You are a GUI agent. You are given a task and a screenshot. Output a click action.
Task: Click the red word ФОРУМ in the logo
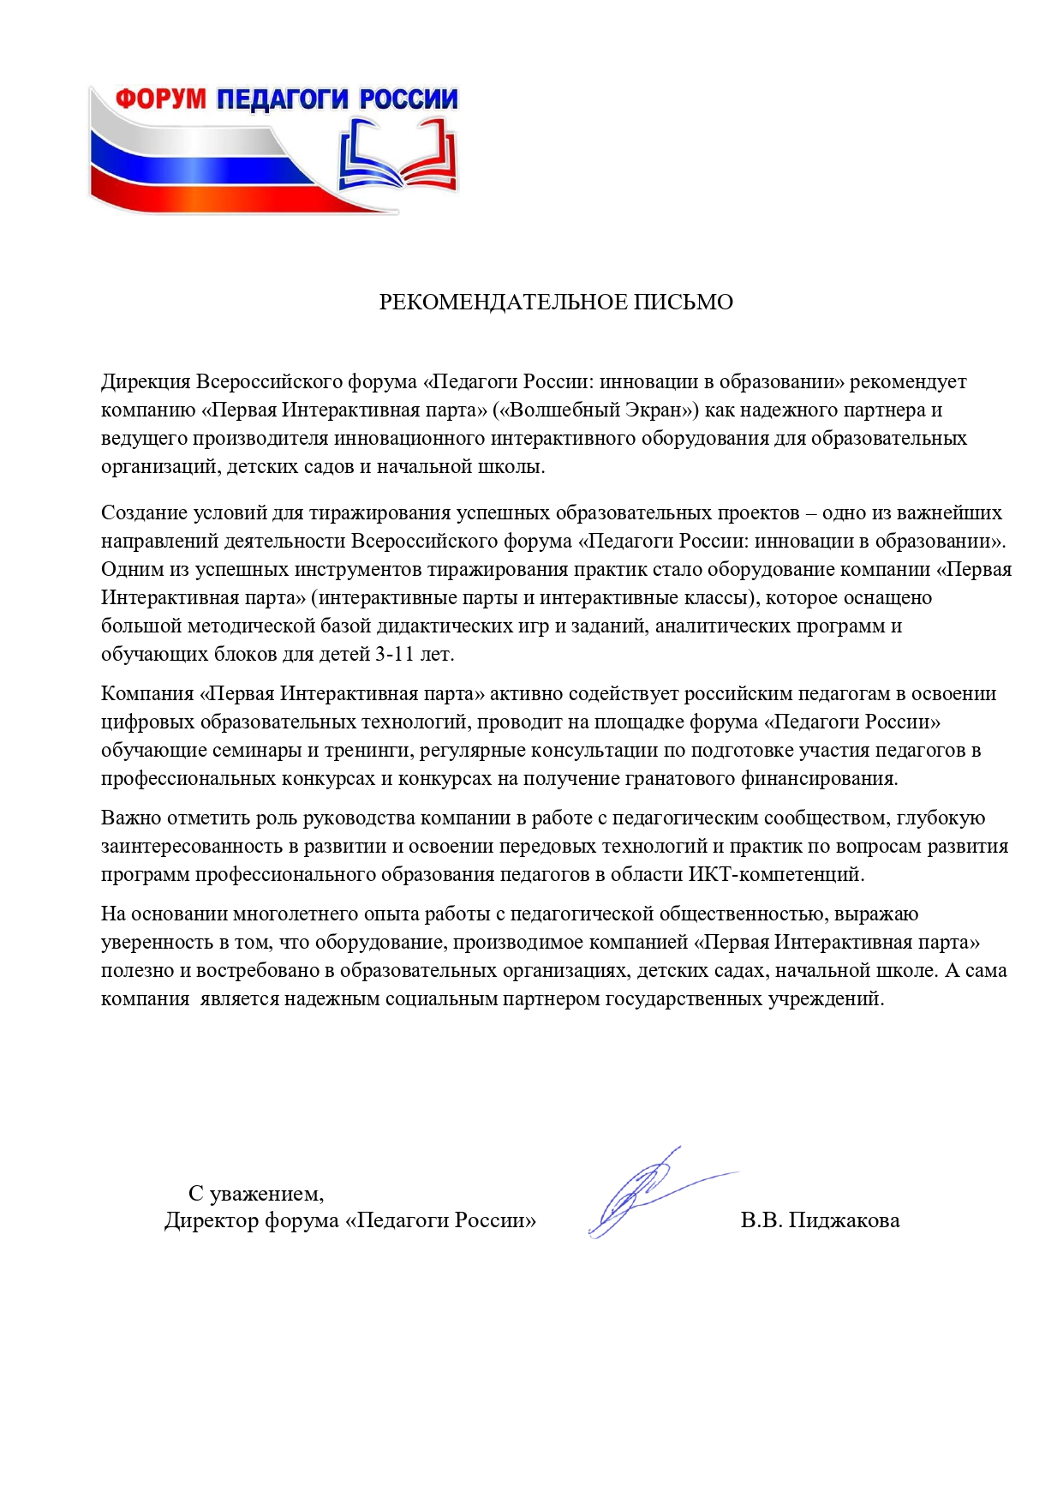click(x=161, y=99)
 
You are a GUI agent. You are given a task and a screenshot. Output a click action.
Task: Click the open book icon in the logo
click(x=397, y=154)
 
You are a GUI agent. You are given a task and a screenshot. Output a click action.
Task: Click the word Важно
click(x=131, y=818)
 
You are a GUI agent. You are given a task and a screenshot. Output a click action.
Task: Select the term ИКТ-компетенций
click(x=776, y=874)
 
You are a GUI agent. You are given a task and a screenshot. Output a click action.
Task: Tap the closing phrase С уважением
click(x=256, y=1193)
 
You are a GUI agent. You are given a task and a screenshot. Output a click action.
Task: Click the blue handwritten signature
click(x=642, y=1191)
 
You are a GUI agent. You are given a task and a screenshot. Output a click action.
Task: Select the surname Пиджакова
click(x=844, y=1220)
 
